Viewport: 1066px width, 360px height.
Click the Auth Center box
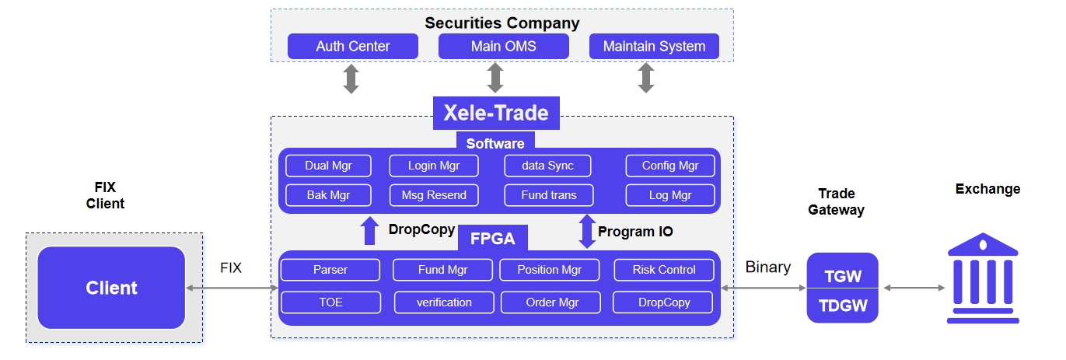[x=353, y=46]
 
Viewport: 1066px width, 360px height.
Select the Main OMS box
[x=504, y=46]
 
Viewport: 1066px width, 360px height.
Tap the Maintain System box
[x=654, y=46]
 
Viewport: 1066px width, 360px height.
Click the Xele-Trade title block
[x=496, y=113]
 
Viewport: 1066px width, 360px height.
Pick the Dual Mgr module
[x=328, y=166]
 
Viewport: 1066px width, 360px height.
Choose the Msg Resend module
[x=434, y=195]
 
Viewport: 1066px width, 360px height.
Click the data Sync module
[x=547, y=166]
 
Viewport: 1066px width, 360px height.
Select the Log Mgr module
[x=670, y=195]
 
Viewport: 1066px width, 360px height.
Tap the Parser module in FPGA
[x=330, y=270]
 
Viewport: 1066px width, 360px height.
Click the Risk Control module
[x=664, y=270]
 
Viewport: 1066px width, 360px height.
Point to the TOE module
[x=330, y=302]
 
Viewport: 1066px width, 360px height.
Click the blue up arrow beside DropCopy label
[x=369, y=230]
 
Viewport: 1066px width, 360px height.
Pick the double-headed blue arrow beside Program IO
[x=587, y=232]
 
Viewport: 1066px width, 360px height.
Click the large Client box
[x=111, y=288]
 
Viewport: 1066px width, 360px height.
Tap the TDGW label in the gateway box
[x=843, y=306]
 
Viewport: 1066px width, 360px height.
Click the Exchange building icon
[x=983, y=278]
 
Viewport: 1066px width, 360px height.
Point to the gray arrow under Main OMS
[x=495, y=78]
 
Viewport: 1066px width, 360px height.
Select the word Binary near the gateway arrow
[x=768, y=267]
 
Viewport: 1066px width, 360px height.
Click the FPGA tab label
[x=492, y=238]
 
